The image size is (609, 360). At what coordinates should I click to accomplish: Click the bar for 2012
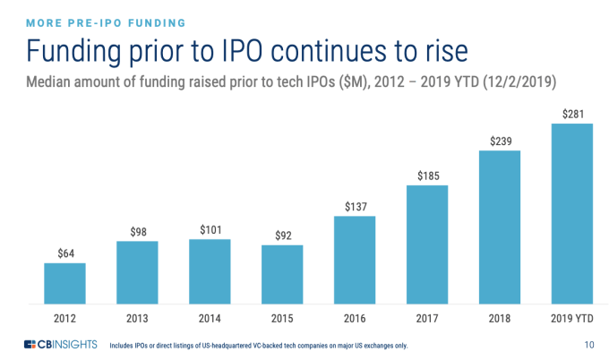[65, 284]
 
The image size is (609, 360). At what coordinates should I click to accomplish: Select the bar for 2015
[282, 275]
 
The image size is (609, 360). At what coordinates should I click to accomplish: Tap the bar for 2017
[427, 244]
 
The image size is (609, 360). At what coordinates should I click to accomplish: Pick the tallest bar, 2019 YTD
[572, 214]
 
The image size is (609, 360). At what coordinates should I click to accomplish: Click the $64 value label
[65, 253]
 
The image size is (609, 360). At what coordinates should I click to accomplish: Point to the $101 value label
[210, 228]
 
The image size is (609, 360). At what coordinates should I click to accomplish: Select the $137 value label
[355, 206]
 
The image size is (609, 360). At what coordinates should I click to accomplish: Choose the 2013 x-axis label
[137, 318]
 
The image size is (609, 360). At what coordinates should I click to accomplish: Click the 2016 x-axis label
[355, 318]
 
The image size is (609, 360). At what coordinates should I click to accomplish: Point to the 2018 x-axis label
[500, 318]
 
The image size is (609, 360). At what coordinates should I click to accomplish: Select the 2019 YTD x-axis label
[572, 318]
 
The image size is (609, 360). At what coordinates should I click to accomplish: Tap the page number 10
[588, 345]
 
